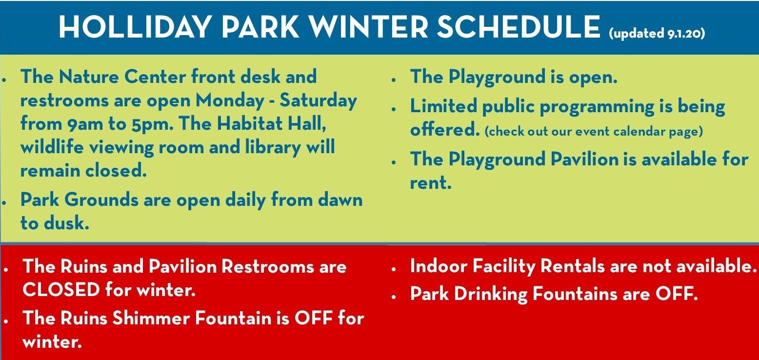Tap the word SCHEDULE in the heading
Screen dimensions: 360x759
(x=518, y=27)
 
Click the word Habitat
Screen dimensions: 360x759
(x=251, y=124)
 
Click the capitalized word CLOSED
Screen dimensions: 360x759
(x=61, y=290)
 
